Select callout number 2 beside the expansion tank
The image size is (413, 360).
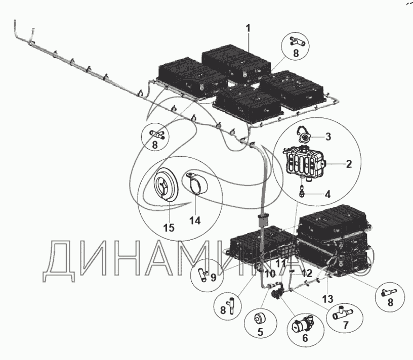point(349,164)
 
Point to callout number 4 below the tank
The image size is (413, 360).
point(327,193)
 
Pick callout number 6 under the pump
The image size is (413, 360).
point(305,338)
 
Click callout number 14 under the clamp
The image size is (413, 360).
point(194,220)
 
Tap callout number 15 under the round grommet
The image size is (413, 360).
point(169,228)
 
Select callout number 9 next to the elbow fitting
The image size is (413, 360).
point(214,277)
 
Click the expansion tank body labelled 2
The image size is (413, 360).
point(304,161)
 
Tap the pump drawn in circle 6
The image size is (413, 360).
point(303,323)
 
